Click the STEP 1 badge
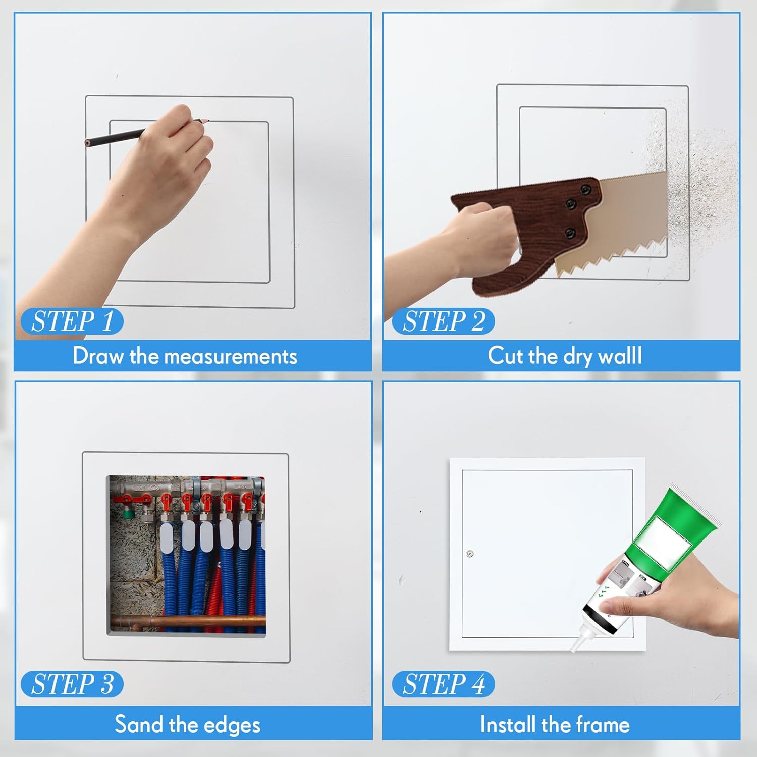72,321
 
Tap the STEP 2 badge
443,321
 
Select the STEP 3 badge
72,684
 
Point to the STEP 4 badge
443,684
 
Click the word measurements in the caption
231,357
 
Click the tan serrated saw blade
626,222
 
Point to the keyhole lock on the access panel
470,554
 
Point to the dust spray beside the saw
696,172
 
